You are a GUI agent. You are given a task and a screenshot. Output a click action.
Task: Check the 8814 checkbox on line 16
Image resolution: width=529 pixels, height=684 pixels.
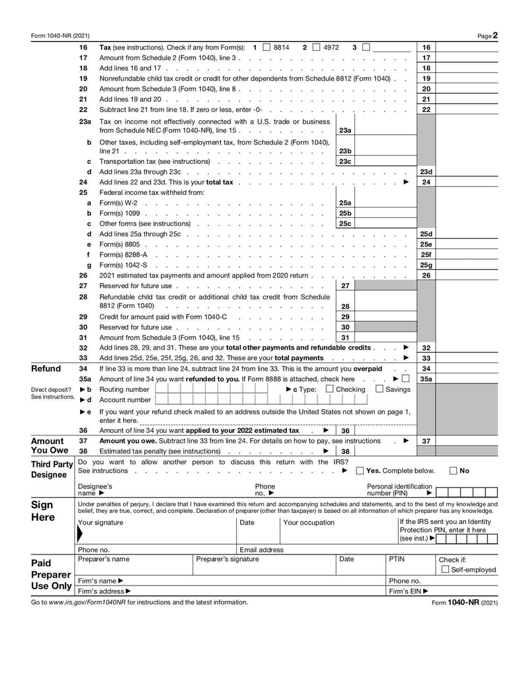(266, 48)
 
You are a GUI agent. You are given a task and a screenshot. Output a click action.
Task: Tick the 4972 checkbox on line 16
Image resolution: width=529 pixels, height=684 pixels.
(316, 48)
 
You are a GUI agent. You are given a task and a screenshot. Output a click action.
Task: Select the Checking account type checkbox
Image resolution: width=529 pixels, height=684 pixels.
(329, 389)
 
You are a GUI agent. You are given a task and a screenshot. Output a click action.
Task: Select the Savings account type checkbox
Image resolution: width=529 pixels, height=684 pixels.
(380, 389)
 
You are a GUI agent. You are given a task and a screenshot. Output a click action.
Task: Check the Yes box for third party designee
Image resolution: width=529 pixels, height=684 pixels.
(360, 471)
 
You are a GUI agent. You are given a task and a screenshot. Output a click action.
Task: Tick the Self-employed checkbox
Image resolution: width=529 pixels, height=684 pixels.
(445, 570)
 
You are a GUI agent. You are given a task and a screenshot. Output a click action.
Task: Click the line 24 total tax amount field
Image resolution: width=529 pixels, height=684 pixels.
(467, 182)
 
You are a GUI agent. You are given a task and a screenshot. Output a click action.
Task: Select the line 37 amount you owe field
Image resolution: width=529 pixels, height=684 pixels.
(467, 441)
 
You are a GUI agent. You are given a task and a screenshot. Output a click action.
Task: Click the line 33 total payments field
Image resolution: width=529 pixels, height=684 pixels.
(467, 358)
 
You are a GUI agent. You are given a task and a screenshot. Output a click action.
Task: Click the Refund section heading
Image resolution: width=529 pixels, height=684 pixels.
(46, 369)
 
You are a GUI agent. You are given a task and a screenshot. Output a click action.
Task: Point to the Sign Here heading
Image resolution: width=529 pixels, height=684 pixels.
(43, 511)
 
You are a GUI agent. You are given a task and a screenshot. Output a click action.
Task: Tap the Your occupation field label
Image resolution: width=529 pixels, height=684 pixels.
(309, 523)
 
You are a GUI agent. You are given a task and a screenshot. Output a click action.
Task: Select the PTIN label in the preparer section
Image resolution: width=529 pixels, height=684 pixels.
(396, 559)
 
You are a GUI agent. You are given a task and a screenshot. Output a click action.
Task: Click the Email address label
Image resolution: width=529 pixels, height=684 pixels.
(261, 549)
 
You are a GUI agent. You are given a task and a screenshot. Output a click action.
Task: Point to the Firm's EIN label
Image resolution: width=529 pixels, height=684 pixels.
(409, 591)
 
